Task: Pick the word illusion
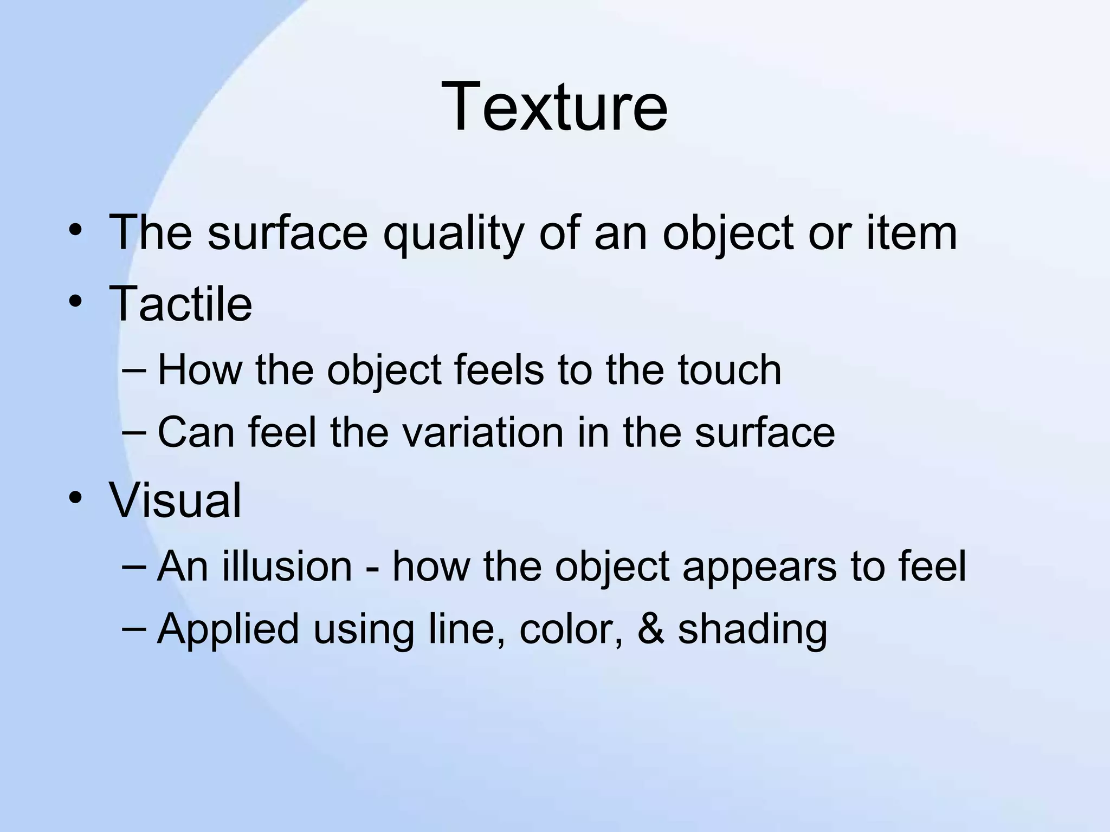(287, 567)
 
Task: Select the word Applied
(228, 629)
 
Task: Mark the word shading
(752, 629)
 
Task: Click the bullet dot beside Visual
(75, 497)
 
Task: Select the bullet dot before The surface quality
(75, 231)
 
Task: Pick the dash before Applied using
(134, 629)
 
